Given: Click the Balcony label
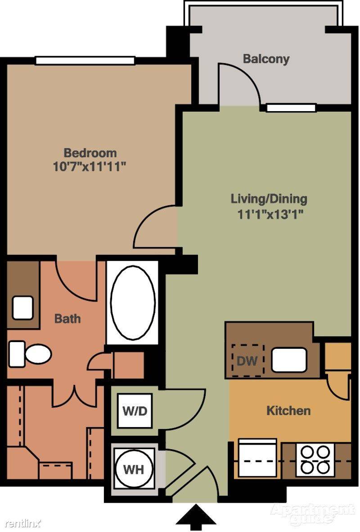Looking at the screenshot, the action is pos(266,59).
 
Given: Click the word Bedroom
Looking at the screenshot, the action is pos(90,153).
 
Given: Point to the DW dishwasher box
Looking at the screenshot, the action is pos(247,361).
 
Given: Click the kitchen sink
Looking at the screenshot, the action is pos(289,360).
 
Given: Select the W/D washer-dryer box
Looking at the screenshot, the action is pos(135,411).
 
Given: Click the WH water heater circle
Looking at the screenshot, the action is pos(134,469).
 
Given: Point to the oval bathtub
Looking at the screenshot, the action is pos(133,303).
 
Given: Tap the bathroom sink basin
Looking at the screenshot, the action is pos(23,308).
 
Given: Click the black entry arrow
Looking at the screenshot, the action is pos(195,517).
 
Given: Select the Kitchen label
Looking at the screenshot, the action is pos(288,410).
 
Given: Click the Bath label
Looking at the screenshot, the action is pos(67,319).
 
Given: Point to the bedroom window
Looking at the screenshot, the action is pos(85,61).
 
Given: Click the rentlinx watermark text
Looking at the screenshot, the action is pos(23,524).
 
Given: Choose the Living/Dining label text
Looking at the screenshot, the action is pos(269,199).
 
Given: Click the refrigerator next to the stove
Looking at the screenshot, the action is pos(257,458).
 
